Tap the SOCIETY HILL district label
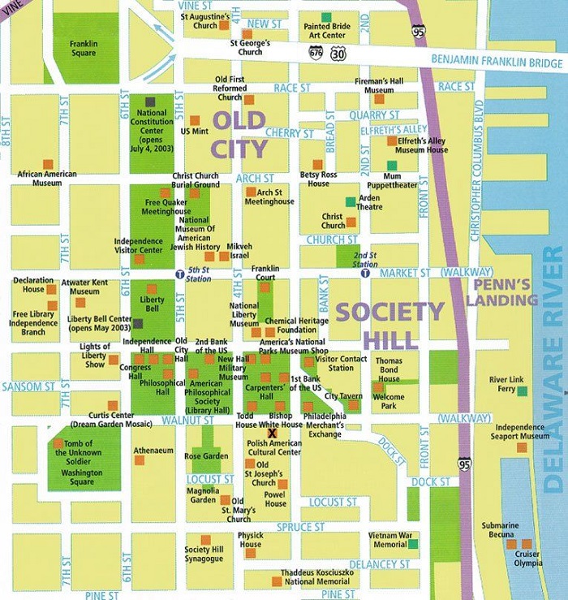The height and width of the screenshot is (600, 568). [390, 324]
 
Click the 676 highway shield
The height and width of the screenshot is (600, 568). [316, 52]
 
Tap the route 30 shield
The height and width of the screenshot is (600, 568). [338, 52]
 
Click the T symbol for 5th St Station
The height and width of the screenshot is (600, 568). [179, 274]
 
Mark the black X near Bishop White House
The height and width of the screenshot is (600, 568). [260, 433]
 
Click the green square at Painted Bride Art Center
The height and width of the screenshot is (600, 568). [325, 17]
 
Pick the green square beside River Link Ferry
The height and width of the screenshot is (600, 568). [522, 391]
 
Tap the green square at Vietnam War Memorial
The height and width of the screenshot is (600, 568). [414, 544]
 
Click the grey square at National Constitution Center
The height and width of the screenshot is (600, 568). [151, 101]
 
